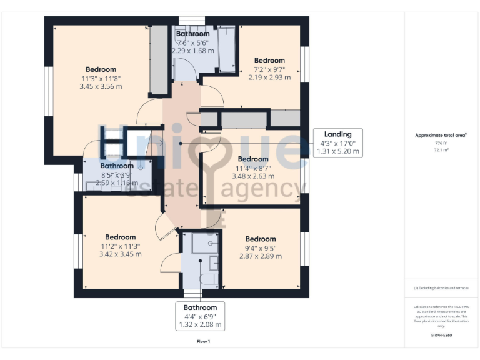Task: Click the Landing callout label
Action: [337, 134]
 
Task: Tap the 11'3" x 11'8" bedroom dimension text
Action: [101, 79]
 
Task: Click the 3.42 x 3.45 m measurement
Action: [120, 254]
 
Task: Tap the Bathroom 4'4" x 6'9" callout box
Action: [200, 316]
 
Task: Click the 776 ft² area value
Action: [442, 142]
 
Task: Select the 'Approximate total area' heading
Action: [441, 135]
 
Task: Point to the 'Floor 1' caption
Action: [203, 341]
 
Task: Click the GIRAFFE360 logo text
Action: [441, 336]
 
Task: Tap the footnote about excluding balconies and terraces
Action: [441, 287]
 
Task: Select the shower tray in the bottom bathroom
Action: [204, 242]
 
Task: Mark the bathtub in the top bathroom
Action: [227, 50]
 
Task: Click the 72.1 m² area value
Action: [442, 150]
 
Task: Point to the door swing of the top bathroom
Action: [186, 69]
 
